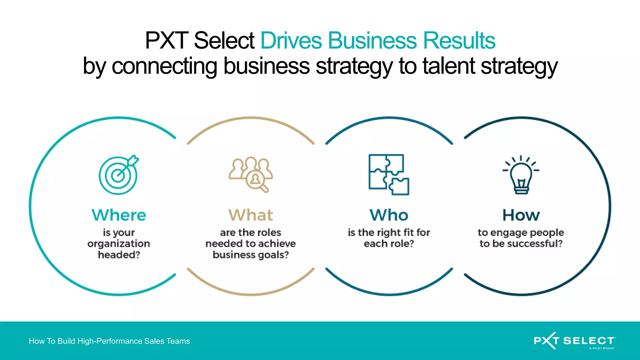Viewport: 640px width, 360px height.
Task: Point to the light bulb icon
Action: click(521, 175)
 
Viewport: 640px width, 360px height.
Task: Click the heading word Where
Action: click(119, 215)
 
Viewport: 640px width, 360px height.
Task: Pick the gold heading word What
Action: click(251, 215)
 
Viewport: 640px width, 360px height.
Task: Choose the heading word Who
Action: click(389, 215)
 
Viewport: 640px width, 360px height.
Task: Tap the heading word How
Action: click(521, 215)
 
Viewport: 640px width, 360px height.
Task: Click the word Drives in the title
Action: click(291, 41)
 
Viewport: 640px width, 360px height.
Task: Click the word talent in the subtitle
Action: click(449, 66)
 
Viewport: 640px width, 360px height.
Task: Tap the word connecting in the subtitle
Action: click(164, 66)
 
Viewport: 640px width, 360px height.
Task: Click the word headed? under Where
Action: click(119, 255)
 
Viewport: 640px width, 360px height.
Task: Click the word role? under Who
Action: click(402, 243)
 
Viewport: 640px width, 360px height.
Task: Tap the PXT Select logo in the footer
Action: click(574, 341)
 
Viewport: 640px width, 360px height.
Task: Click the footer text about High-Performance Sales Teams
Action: click(109, 341)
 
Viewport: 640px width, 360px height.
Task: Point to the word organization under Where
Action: click(119, 244)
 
